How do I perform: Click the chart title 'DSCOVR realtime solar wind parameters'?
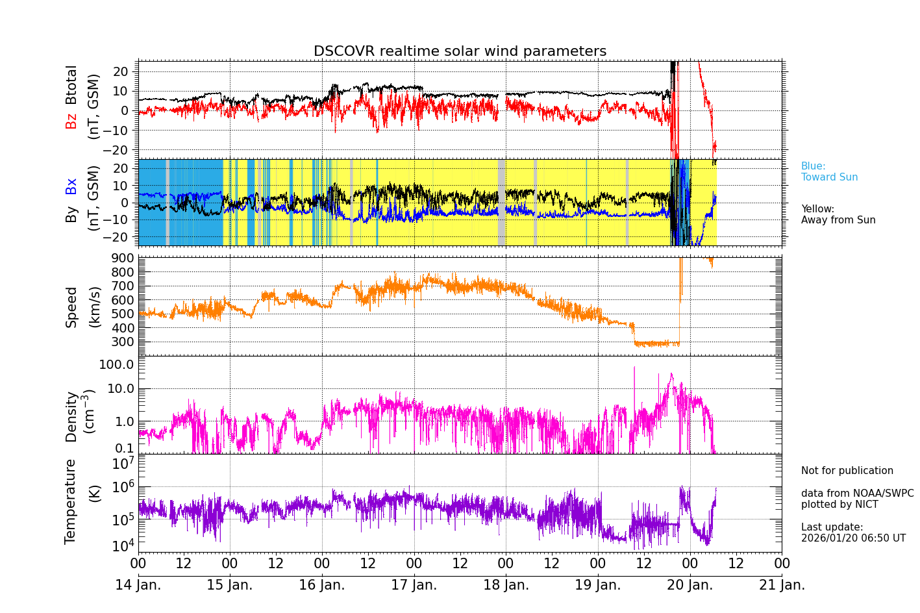click(460, 51)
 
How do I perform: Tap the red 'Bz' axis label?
click(71, 121)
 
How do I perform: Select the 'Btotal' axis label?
click(71, 85)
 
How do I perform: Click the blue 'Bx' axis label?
click(71, 186)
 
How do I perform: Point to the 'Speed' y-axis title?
click(71, 307)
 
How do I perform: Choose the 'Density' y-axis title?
click(71, 416)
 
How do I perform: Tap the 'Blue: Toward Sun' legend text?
click(829, 171)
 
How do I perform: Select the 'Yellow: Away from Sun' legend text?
click(838, 214)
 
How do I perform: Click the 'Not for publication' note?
click(847, 471)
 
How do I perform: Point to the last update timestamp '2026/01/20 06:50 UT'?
click(853, 538)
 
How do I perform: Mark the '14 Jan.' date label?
click(138, 585)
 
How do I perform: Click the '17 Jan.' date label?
click(414, 585)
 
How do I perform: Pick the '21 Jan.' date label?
click(782, 585)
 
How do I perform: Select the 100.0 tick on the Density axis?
click(116, 364)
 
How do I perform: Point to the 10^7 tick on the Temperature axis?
click(123, 464)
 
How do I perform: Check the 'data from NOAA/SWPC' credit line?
click(857, 494)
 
